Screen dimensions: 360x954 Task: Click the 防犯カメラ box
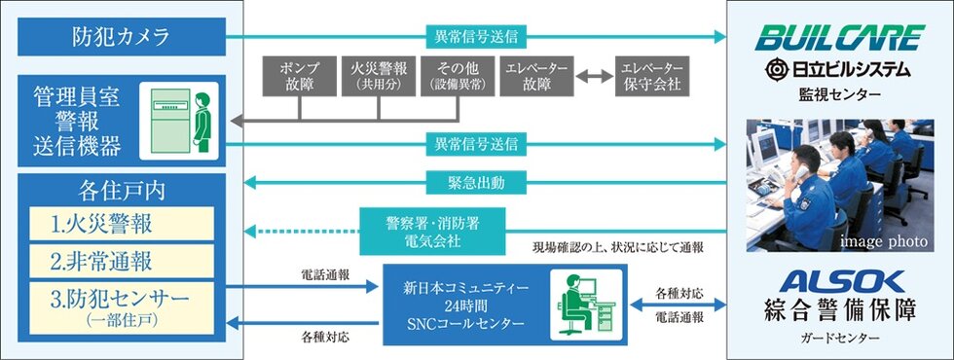pos(122,38)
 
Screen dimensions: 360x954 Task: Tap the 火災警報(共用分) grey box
pos(377,77)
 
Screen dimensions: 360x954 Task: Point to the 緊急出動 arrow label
pos(477,182)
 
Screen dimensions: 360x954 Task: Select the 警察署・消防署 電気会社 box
pos(433,230)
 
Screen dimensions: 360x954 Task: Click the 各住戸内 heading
pos(122,189)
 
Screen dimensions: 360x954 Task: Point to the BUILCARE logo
pos(840,38)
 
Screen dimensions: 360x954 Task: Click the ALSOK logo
pos(840,281)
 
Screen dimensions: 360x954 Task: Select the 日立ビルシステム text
pos(840,69)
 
